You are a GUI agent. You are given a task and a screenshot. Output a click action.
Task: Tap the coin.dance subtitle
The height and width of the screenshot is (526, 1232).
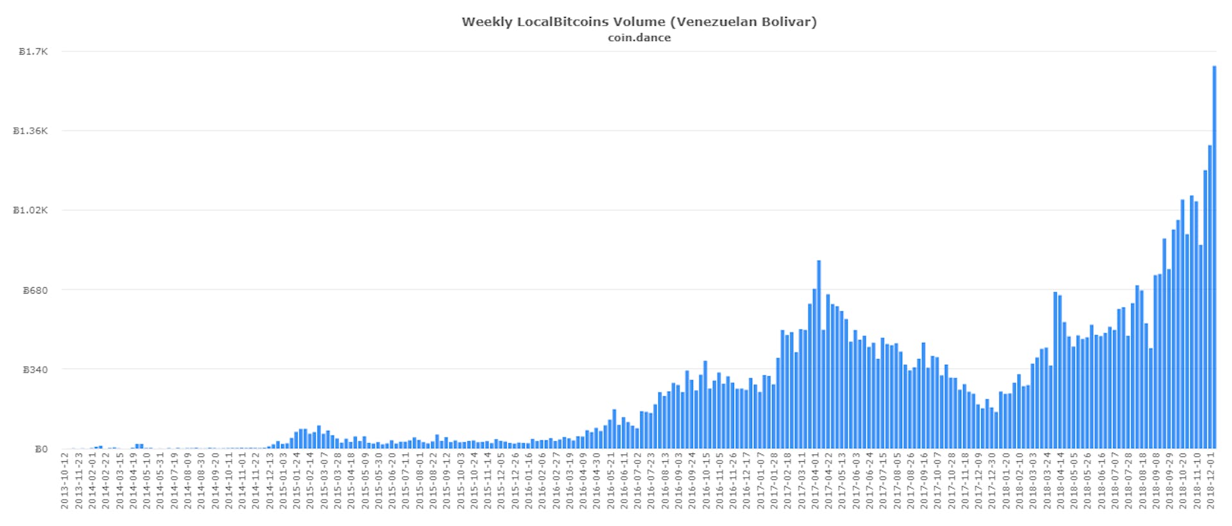639,38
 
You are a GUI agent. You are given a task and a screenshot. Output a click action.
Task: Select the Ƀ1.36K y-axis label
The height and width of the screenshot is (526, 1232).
31,131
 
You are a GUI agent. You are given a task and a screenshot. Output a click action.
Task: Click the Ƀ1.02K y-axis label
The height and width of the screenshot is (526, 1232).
31,211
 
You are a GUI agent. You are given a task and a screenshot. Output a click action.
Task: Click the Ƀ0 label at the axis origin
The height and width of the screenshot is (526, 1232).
40,450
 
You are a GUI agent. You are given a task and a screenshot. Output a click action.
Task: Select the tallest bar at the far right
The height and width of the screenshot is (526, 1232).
1214,257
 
